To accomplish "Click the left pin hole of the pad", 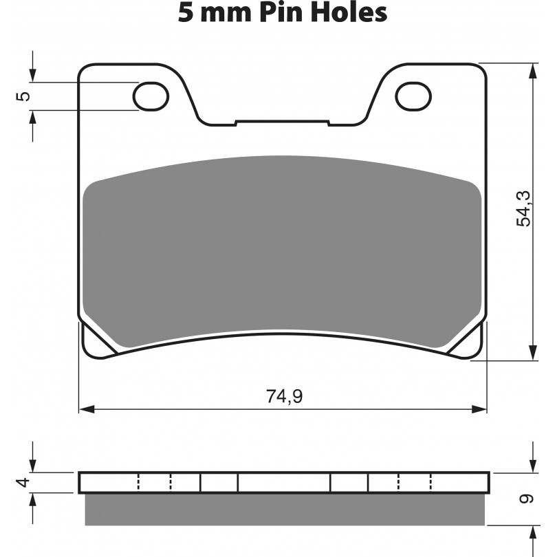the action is [151, 96].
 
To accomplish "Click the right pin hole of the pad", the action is [413, 96].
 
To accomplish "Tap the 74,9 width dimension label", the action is [284, 397].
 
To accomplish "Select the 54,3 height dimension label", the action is [523, 208].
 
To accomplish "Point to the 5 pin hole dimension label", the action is [24, 96].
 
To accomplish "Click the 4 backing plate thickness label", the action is [24, 483].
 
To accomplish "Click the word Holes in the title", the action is [349, 13].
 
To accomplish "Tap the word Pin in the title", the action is [281, 13].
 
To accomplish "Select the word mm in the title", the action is [226, 16].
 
